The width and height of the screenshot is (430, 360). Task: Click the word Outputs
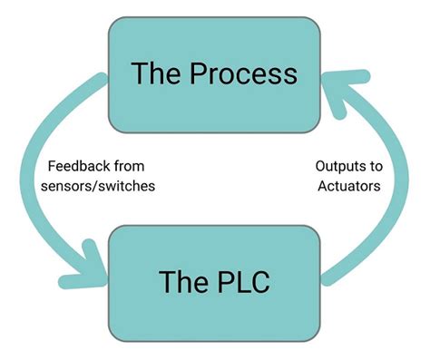coord(332,166)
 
